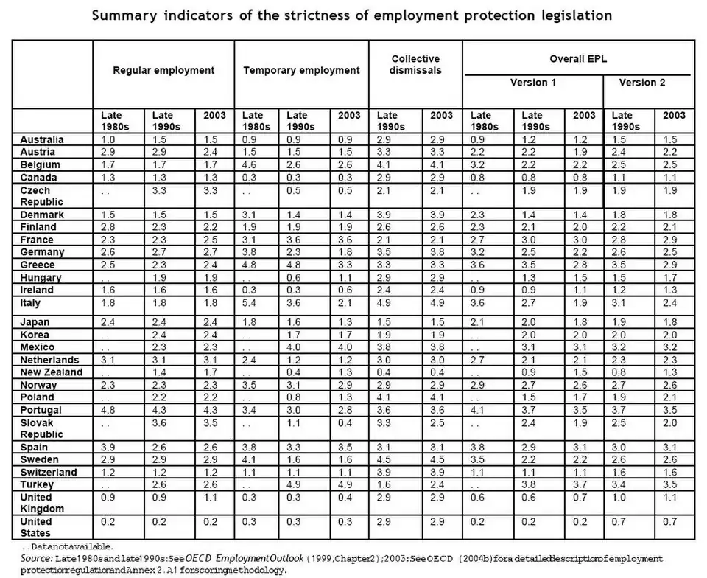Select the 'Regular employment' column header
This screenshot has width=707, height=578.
[x=163, y=71]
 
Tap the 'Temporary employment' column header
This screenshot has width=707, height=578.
[x=301, y=71]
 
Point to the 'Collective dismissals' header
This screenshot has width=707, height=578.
[x=415, y=64]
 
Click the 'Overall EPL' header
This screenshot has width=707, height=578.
[x=578, y=58]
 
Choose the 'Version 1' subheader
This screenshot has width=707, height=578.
[x=533, y=83]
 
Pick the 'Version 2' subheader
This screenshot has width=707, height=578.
[x=641, y=83]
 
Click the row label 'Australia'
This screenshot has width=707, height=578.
[x=42, y=139]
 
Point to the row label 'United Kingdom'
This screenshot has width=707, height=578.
[x=42, y=502]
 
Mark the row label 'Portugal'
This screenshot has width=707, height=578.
[x=41, y=410]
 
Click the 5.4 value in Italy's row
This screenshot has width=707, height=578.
[x=253, y=303]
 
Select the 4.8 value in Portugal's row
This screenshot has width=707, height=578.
[x=109, y=410]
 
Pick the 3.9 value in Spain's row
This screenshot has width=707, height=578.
[x=109, y=448]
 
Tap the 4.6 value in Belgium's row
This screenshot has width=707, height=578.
[x=253, y=164]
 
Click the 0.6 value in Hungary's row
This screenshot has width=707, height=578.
[x=297, y=278]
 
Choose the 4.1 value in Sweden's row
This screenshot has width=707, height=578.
[x=253, y=460]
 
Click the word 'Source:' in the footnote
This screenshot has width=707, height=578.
[x=36, y=559]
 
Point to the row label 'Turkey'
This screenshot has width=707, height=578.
[x=37, y=484]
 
